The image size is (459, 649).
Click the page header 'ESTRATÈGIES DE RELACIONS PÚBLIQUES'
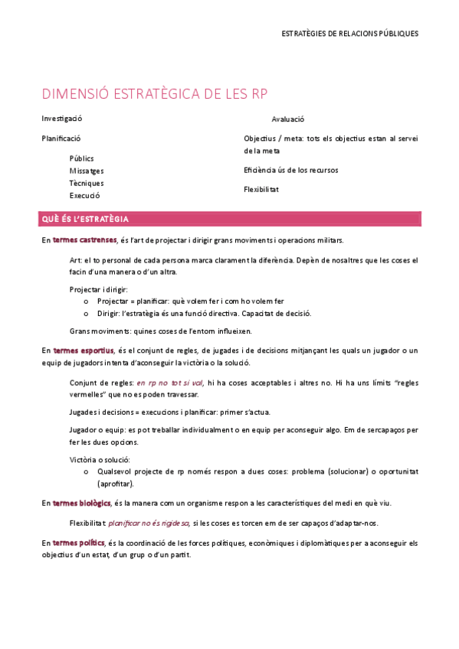point(349,34)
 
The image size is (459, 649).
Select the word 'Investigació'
point(62,119)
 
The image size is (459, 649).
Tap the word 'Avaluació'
point(288,119)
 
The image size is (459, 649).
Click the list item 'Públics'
point(82,158)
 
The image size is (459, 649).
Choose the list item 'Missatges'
point(87,171)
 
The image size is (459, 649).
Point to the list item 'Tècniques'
point(87,183)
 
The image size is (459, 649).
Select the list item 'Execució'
point(85,195)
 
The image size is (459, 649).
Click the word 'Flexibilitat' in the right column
point(261,189)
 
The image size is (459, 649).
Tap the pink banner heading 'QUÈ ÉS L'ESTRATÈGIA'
point(86,220)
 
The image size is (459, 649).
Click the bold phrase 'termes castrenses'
point(85,240)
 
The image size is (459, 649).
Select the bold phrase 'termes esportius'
point(83,351)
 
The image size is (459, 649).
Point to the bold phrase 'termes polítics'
point(79,543)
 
